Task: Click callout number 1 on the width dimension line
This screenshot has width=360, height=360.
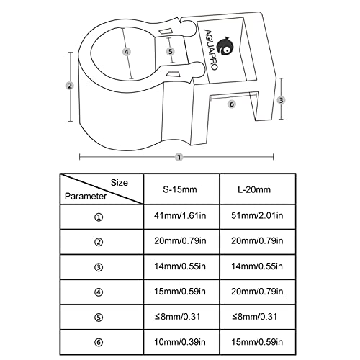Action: (x=179, y=158)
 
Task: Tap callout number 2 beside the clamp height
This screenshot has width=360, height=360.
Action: (x=70, y=86)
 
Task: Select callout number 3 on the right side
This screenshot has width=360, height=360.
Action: (x=281, y=100)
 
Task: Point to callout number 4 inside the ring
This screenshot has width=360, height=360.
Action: (x=127, y=52)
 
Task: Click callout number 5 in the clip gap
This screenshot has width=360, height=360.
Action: (x=171, y=51)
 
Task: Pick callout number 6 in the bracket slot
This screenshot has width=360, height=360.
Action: (x=232, y=104)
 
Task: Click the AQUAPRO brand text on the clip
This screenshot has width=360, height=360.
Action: (x=211, y=50)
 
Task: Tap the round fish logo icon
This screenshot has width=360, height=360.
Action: (x=225, y=47)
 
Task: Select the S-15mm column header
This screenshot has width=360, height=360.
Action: (x=180, y=189)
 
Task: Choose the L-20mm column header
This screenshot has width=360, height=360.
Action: (x=254, y=189)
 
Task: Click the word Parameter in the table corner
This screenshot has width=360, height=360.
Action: (x=86, y=197)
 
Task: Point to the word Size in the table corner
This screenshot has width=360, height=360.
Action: (x=119, y=183)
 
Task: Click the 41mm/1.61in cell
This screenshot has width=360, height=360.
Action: (x=180, y=215)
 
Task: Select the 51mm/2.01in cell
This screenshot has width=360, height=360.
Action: (x=257, y=215)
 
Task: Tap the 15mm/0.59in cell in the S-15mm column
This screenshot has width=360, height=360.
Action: (x=180, y=292)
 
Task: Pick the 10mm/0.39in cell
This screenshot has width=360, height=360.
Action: (x=180, y=342)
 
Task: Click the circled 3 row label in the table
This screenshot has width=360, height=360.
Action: (x=99, y=267)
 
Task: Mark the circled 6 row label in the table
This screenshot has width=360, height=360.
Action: (x=99, y=343)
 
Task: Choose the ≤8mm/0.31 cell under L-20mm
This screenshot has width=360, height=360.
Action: (x=254, y=317)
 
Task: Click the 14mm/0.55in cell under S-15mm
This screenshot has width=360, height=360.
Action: (x=180, y=266)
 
